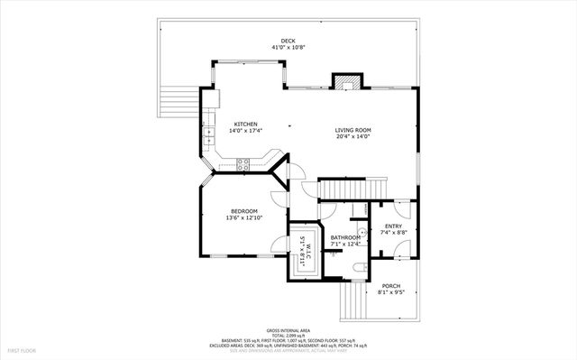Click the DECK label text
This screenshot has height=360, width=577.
tap(288, 41)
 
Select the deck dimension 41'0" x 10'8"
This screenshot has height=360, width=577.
tap(288, 47)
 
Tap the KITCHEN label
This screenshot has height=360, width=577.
tap(246, 125)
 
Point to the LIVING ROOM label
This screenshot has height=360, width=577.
tap(353, 130)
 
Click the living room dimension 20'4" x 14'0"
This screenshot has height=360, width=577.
tap(353, 136)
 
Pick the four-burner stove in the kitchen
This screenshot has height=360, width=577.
tap(243, 163)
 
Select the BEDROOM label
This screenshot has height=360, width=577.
tap(242, 211)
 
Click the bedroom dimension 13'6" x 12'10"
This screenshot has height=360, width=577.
tap(242, 217)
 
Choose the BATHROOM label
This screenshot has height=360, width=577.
tap(345, 237)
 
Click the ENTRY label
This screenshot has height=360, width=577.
tap(393, 226)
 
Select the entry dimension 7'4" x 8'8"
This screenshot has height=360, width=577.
tap(393, 233)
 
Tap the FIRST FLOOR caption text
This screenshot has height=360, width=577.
tap(22, 349)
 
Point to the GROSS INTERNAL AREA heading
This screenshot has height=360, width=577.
tap(288, 331)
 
